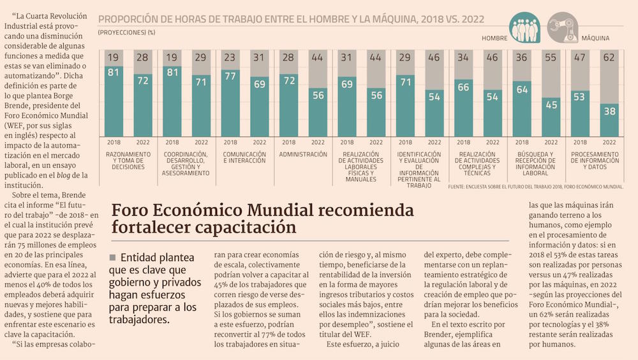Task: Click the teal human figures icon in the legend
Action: pos(524,28)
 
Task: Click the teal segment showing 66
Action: pos(464,87)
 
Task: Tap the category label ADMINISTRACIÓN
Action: pos(304,154)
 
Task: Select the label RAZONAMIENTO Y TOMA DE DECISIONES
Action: pos(128,160)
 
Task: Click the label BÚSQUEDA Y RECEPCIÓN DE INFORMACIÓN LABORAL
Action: pos(537,163)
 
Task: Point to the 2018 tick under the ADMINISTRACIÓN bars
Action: pos(288,142)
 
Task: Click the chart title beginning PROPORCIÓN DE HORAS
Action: pos(291,19)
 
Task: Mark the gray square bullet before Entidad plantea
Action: pos(113,257)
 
